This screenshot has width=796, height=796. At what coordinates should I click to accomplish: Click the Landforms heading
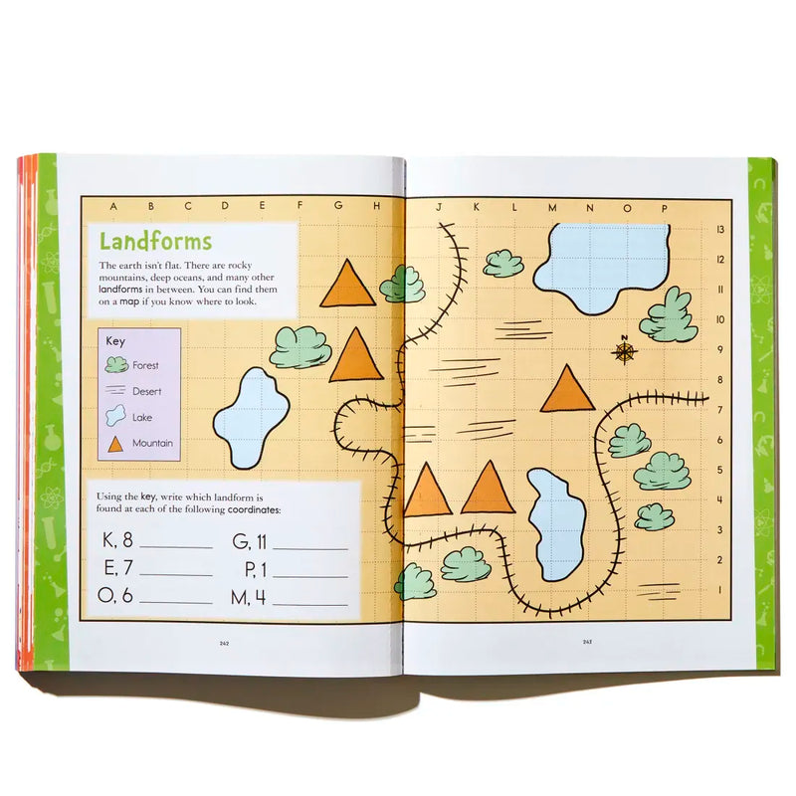coord(155,241)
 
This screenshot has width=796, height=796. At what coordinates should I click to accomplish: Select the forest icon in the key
coord(116,365)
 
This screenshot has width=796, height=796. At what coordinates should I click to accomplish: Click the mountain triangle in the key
coord(116,443)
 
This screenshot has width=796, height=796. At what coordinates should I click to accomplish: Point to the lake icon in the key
coord(116,417)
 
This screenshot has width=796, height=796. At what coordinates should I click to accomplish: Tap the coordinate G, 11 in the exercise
coord(250,541)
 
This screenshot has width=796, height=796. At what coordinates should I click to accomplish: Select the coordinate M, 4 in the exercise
coord(250,599)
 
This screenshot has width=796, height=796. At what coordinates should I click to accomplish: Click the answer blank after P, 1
coord(310,575)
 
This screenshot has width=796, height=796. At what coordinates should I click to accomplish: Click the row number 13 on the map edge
coord(719,229)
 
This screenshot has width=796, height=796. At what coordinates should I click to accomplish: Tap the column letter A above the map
coord(113,207)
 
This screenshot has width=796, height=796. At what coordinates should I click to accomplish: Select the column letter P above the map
coord(664,207)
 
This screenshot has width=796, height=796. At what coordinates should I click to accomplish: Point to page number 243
coord(588,642)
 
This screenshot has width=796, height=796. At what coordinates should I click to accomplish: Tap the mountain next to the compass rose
coord(568,389)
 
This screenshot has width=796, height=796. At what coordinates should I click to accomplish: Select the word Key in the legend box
coord(114,340)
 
